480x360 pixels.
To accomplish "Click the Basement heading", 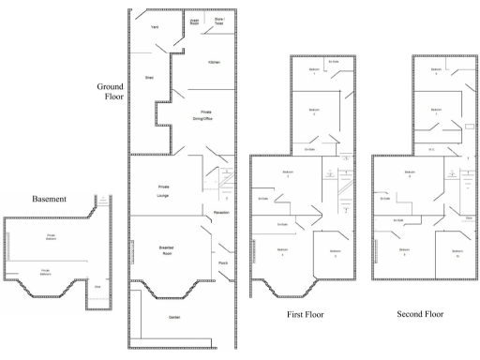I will click(x=50, y=199).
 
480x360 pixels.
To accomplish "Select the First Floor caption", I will click(x=305, y=315).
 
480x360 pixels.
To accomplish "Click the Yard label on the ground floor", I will click(x=155, y=27).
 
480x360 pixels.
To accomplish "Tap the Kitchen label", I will click(x=214, y=62).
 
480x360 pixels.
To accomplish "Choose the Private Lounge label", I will click(x=163, y=188).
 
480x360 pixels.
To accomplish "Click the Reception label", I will click(x=221, y=213).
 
